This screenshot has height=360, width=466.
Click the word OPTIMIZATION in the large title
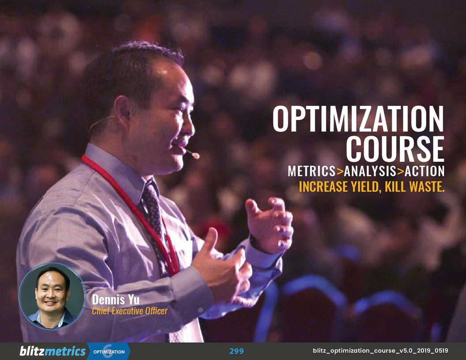tap(358, 120)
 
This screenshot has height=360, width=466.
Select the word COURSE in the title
tap(395, 150)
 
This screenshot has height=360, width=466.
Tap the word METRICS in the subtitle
tap(311, 171)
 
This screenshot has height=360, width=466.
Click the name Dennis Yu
tap(115, 300)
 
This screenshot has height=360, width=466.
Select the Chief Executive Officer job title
tap(130, 311)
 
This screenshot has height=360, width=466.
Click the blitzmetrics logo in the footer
tap(53, 351)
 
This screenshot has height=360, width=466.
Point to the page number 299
tap(237, 351)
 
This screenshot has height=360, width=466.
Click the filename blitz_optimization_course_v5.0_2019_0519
tap(380, 351)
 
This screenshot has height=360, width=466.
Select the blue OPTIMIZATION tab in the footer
tap(109, 352)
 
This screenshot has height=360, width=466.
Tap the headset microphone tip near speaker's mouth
tap(196, 155)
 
